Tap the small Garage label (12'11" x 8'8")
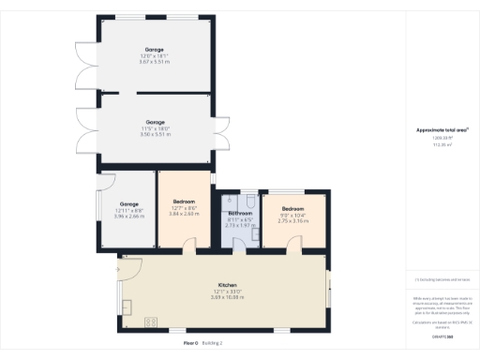coord(128,203)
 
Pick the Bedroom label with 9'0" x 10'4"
coord(293,208)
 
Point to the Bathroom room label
coord(240,214)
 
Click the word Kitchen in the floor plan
coord(227,284)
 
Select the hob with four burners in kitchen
coord(150,322)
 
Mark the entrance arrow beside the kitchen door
coord(118,269)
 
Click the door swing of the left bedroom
coord(189,245)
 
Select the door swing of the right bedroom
coord(296,245)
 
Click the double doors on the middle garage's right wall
coord(225,139)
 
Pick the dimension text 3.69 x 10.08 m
coord(227,297)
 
